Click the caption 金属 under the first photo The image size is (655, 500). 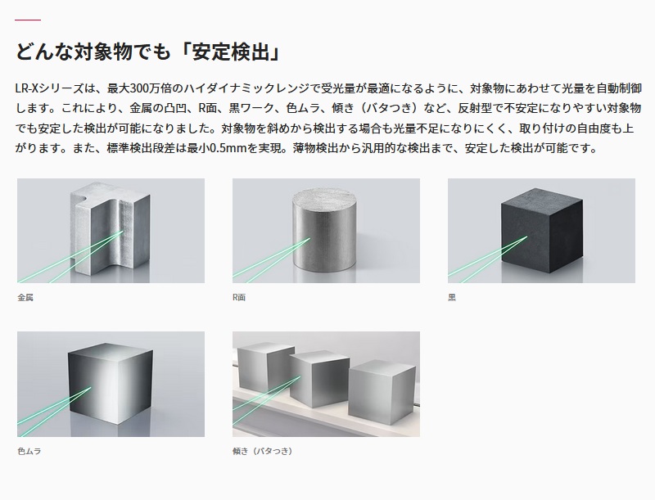click(25, 298)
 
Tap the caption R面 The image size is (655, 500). click(239, 298)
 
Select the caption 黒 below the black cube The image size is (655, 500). click(452, 298)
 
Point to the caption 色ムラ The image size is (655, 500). click(29, 451)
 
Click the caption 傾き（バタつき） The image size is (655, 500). click(263, 451)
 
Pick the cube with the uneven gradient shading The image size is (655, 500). click(111, 384)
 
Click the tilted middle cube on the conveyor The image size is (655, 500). click(319, 379)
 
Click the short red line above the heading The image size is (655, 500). click(28, 20)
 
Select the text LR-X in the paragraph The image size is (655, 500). click(27, 88)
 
